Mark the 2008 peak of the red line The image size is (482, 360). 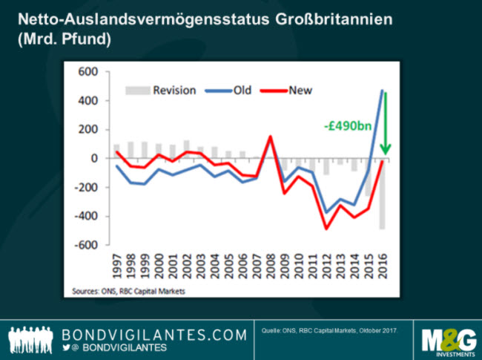point(269,137)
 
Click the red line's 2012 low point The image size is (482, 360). point(326,228)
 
